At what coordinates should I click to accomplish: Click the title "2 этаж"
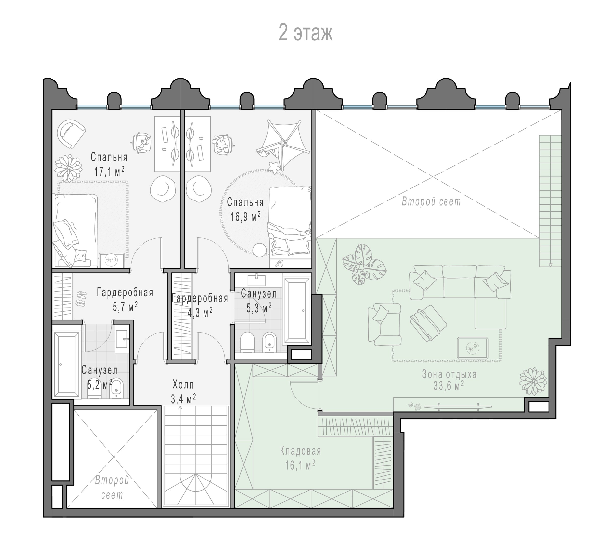pyautogui.click(x=306, y=33)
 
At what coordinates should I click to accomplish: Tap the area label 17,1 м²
pyautogui.click(x=109, y=171)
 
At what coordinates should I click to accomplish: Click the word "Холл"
pyautogui.click(x=183, y=385)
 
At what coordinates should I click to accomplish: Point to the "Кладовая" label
pyautogui.click(x=300, y=451)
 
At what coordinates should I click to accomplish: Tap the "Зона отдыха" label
pyautogui.click(x=449, y=374)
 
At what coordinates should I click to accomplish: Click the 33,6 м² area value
pyautogui.click(x=449, y=386)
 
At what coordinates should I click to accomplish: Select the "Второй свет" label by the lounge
pyautogui.click(x=431, y=201)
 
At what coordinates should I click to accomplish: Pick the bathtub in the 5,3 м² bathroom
pyautogui.click(x=297, y=310)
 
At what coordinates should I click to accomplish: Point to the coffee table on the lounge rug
pyautogui.click(x=473, y=348)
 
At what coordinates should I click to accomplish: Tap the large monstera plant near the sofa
pyautogui.click(x=364, y=264)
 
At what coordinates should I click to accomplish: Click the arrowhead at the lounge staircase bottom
pyautogui.click(x=550, y=265)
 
